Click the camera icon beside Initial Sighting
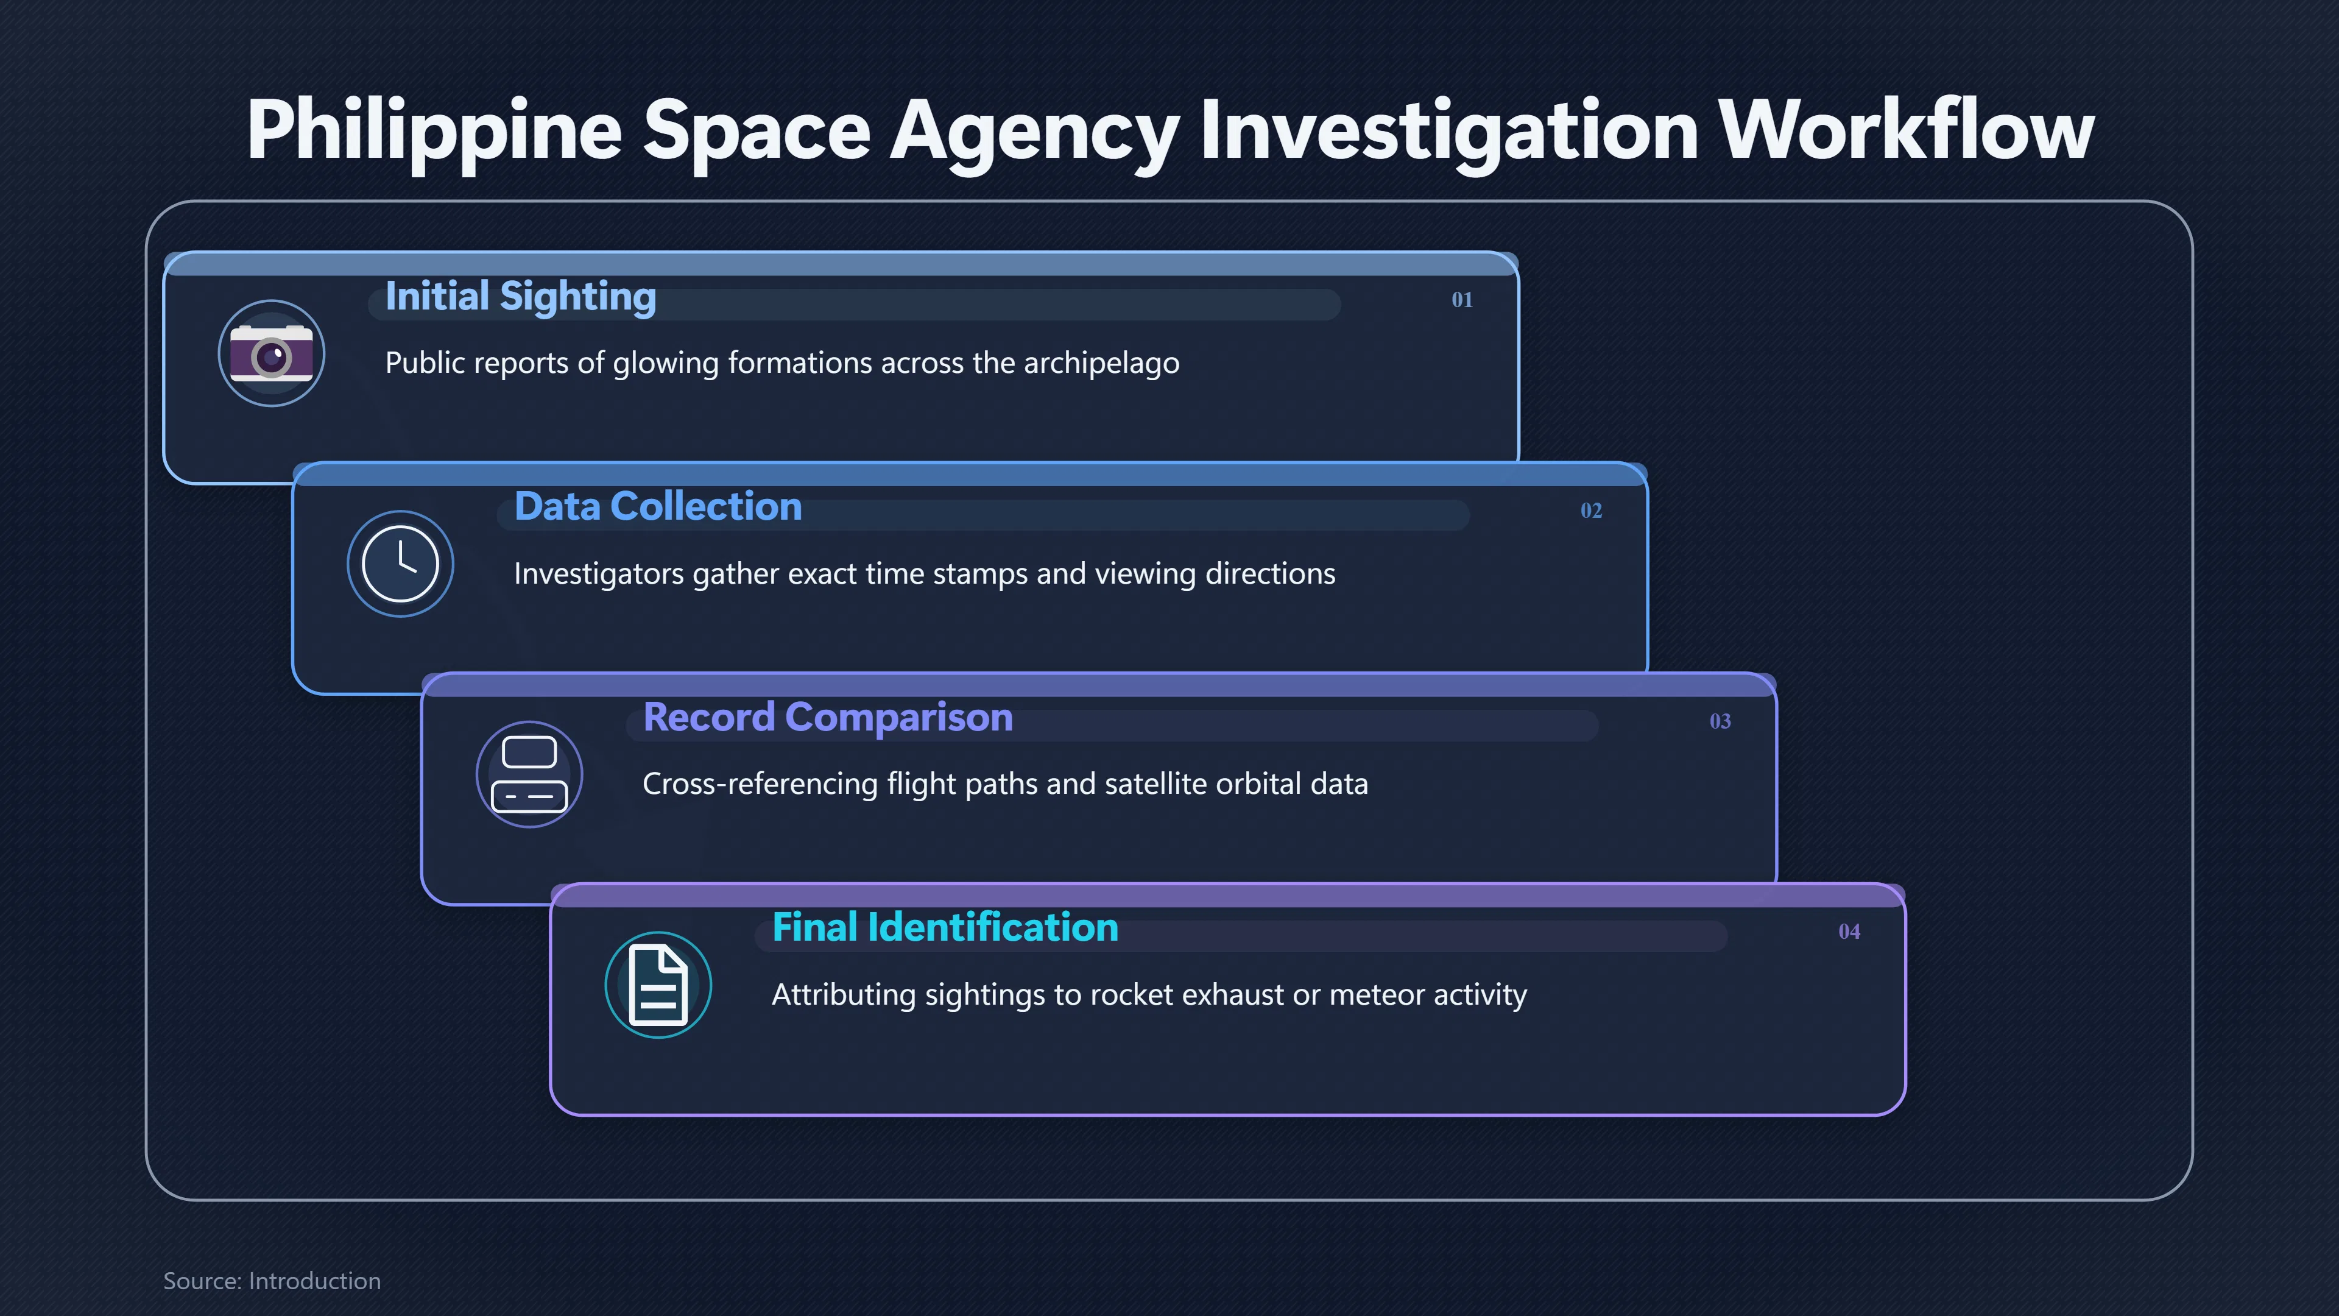272,353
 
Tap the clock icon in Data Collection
400,564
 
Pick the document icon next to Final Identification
658,985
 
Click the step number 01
1462,300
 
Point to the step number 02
1591,511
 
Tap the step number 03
1720,721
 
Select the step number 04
1849,932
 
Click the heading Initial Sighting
520,297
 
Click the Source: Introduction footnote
272,1281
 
